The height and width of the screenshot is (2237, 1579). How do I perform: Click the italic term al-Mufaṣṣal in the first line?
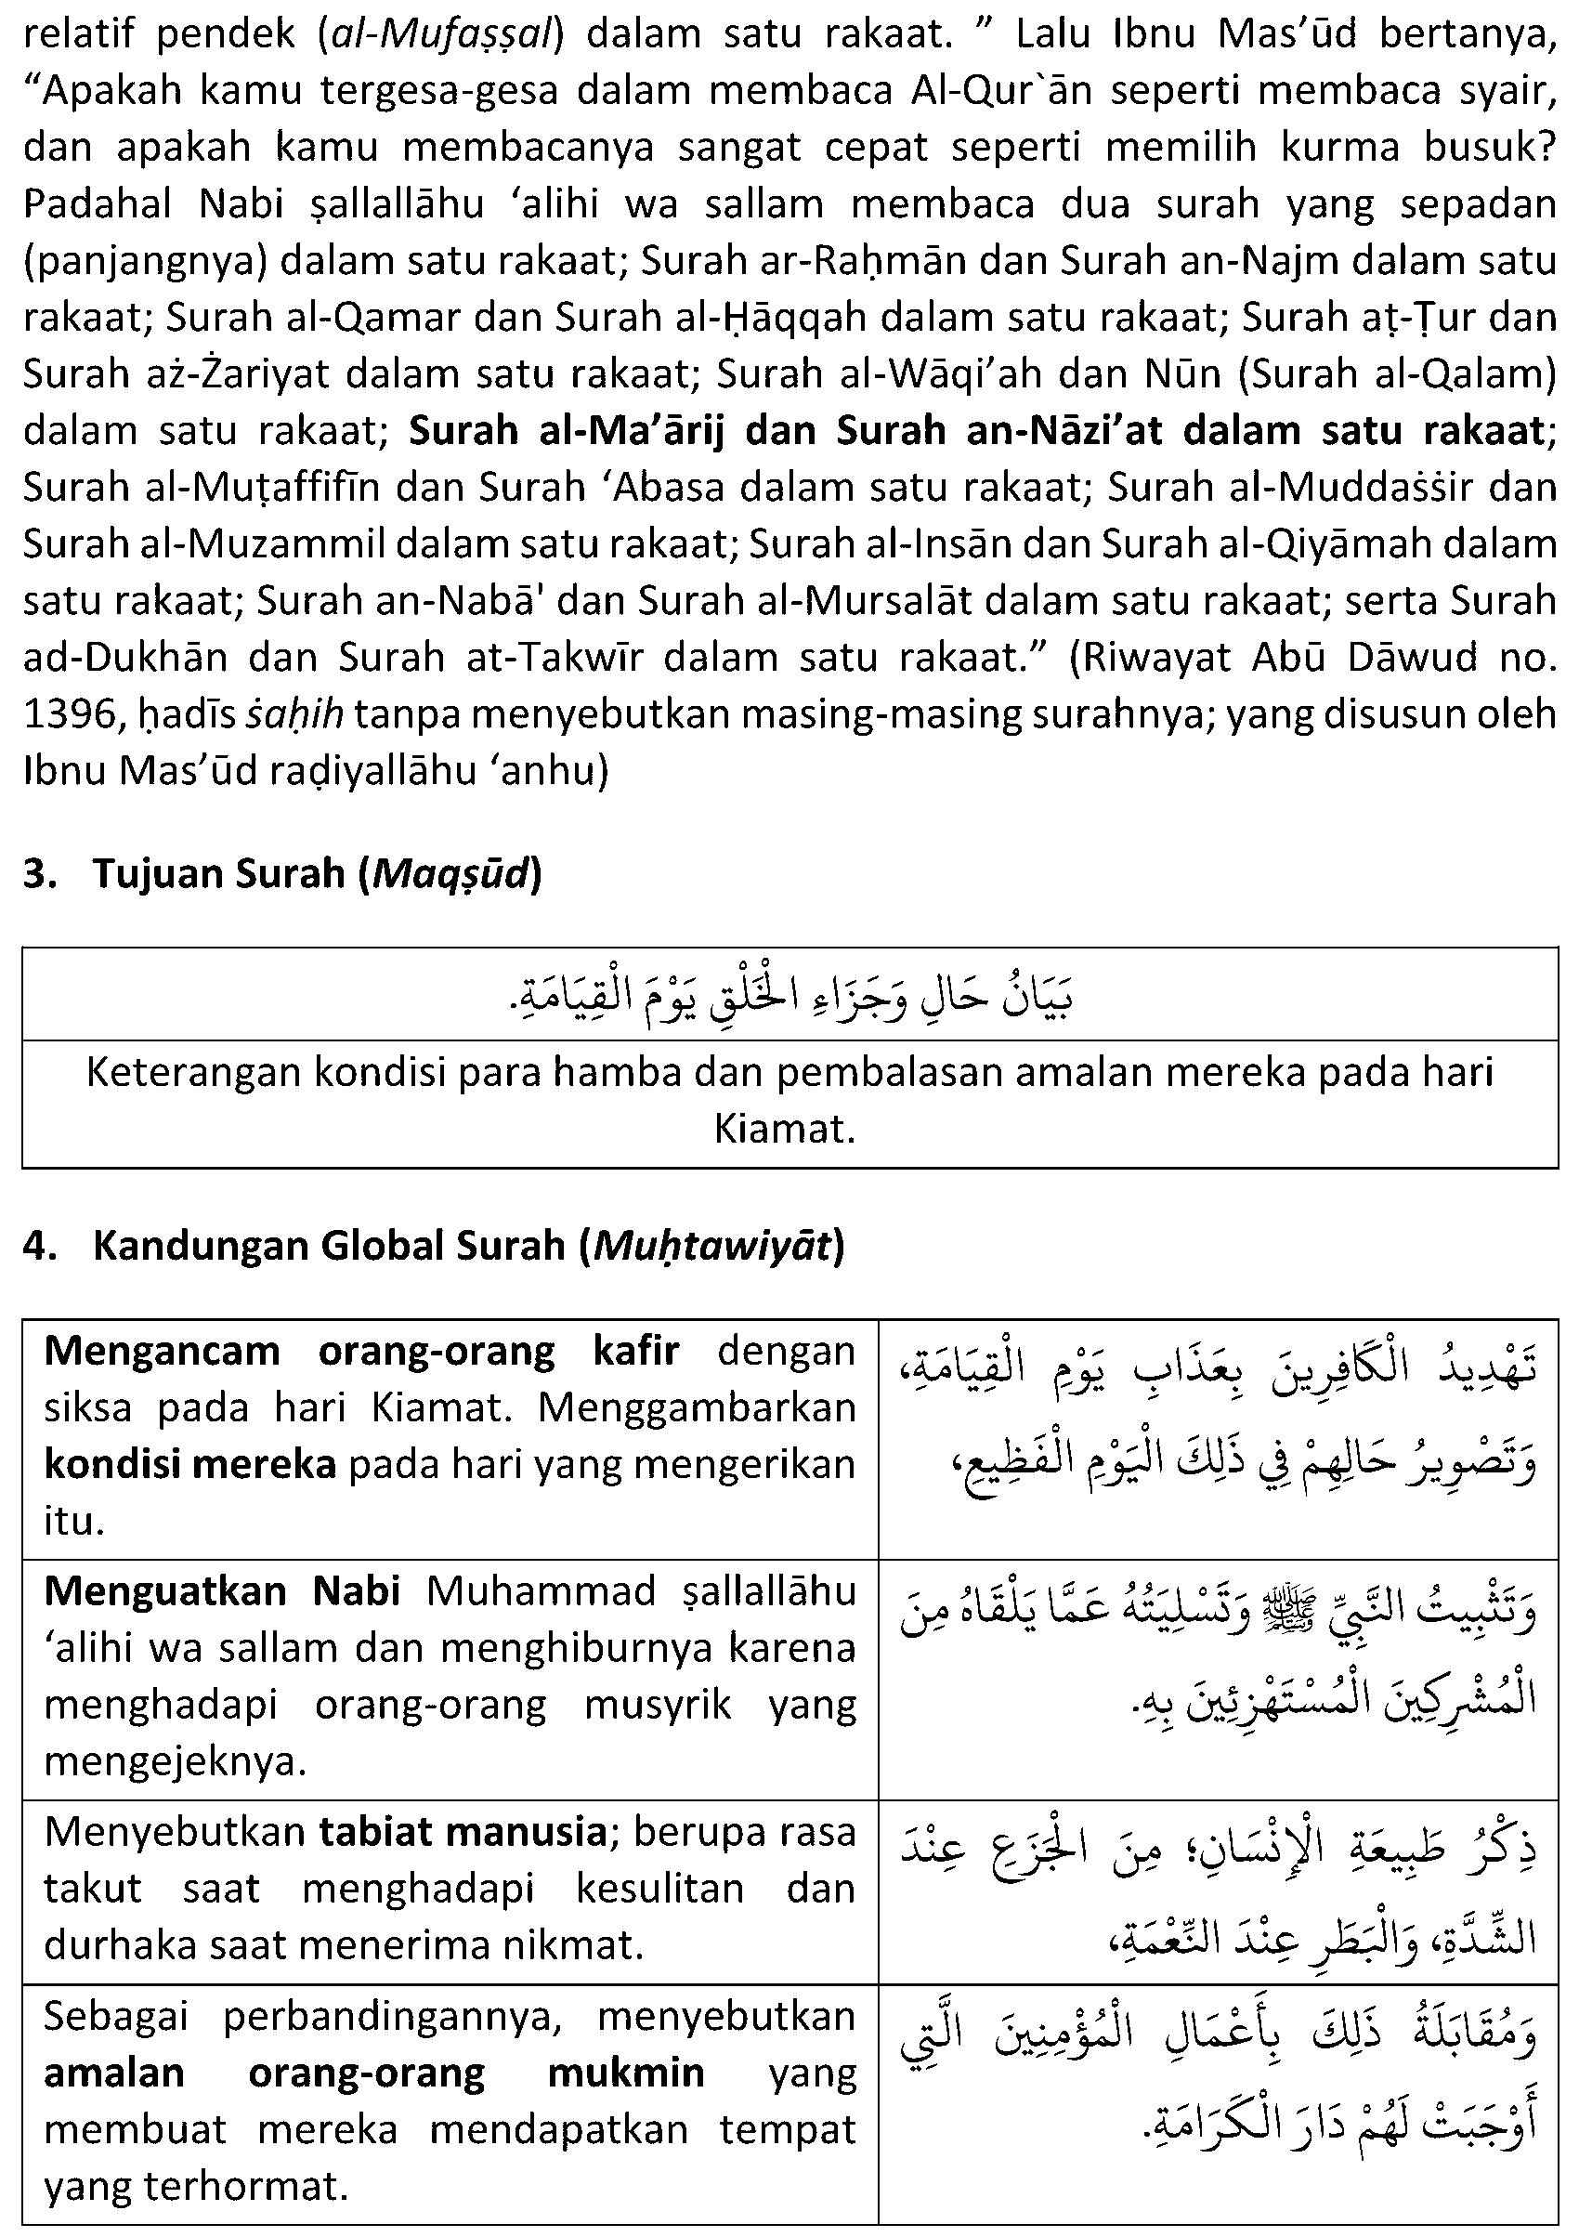pyautogui.click(x=442, y=35)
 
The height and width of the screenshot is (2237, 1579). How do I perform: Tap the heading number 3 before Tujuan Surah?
pyautogui.click(x=36, y=875)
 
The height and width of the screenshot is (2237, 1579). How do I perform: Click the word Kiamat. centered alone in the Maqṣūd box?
pyautogui.click(x=784, y=1131)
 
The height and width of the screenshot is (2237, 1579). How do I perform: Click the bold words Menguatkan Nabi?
pyautogui.click(x=222, y=1591)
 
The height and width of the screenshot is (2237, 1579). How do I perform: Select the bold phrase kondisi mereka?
pyautogui.click(x=190, y=1464)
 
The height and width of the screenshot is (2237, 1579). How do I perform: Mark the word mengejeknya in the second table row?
pyautogui.click(x=176, y=1760)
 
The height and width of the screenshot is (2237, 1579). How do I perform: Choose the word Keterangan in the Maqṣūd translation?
pyautogui.click(x=191, y=1073)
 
